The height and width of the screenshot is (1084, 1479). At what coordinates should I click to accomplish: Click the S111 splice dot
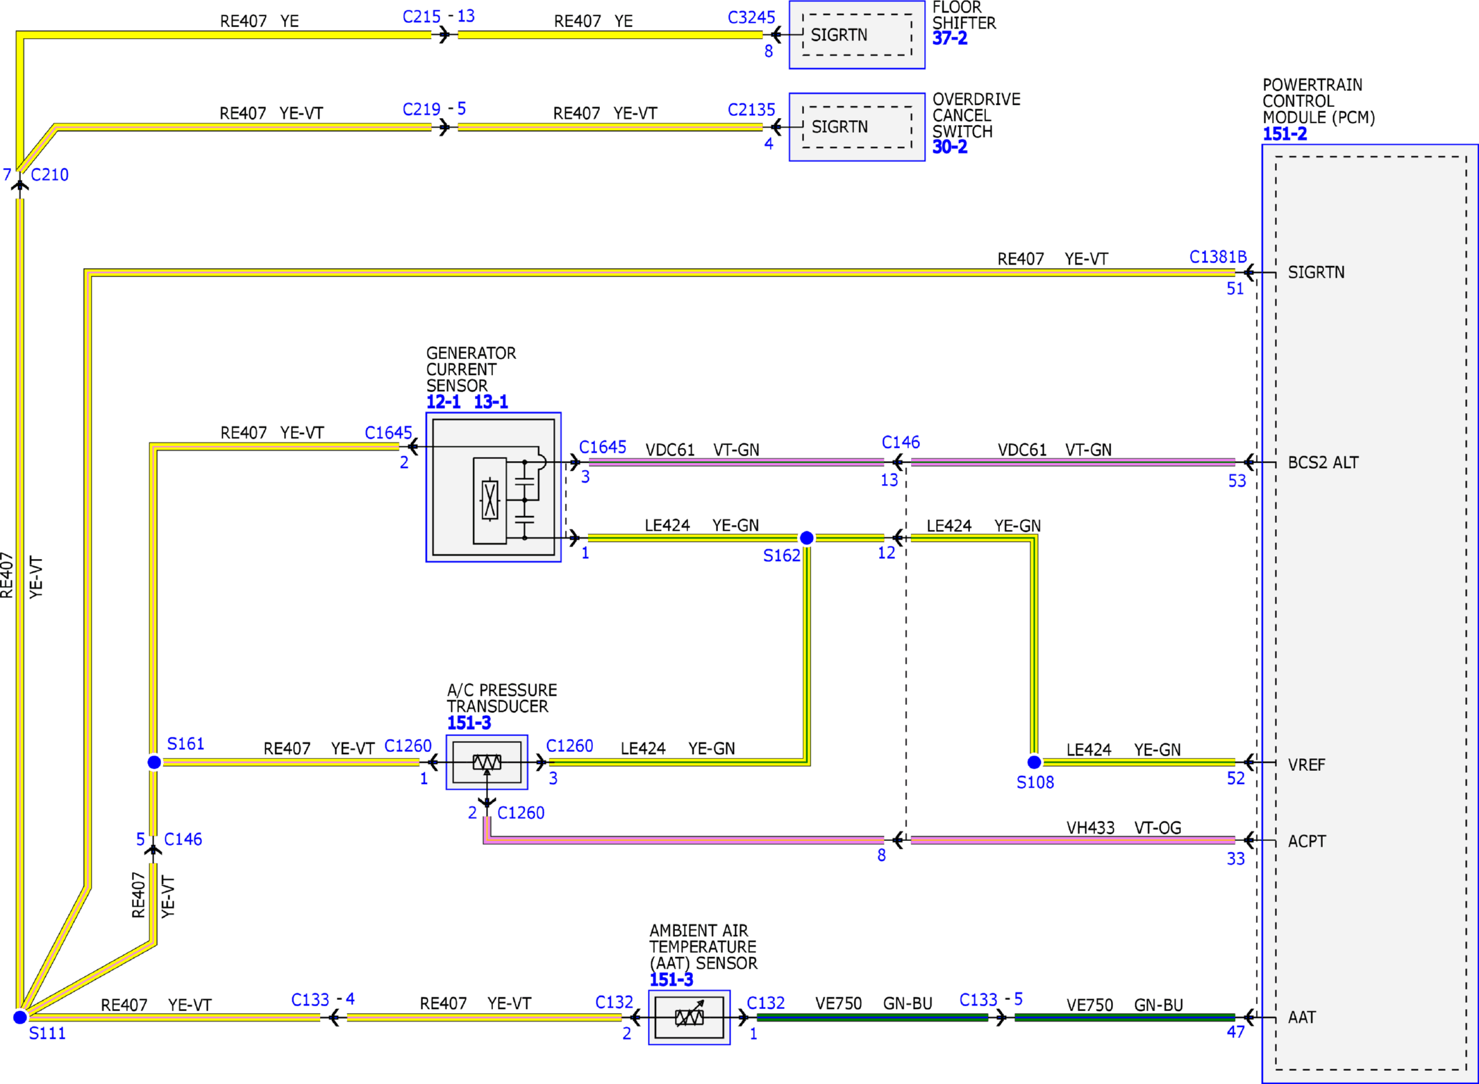pyautogui.click(x=20, y=1017)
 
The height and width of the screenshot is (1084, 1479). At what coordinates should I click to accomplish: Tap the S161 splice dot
pyautogui.click(x=154, y=762)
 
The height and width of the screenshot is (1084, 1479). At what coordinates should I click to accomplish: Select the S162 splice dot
pyautogui.click(x=806, y=538)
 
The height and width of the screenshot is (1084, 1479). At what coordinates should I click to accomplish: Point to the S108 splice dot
pyautogui.click(x=1034, y=762)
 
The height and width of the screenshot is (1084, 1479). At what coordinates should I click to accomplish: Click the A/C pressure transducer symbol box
pyautogui.click(x=487, y=762)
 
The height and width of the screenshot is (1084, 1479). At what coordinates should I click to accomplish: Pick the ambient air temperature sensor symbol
pyautogui.click(x=689, y=1017)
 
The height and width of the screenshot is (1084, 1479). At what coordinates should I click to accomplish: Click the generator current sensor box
pyautogui.click(x=493, y=487)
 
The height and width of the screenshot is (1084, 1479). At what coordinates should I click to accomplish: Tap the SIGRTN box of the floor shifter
pyautogui.click(x=857, y=35)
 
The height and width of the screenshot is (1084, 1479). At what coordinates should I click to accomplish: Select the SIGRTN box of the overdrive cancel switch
pyautogui.click(x=857, y=127)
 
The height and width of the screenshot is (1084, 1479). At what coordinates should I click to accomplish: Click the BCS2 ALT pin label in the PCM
pyautogui.click(x=1323, y=462)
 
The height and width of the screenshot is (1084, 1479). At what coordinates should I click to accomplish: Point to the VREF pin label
pyautogui.click(x=1306, y=765)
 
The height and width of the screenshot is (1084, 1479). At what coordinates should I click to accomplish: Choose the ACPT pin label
pyautogui.click(x=1307, y=841)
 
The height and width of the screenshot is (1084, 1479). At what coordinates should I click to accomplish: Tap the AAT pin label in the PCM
pyautogui.click(x=1301, y=1017)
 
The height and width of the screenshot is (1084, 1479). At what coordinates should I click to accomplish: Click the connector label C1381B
pyautogui.click(x=1218, y=257)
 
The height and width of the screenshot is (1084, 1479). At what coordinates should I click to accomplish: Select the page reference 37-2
pyautogui.click(x=949, y=39)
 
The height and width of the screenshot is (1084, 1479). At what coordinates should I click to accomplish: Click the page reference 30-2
pyautogui.click(x=949, y=147)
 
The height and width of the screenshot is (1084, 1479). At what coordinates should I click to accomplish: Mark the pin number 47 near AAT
pyautogui.click(x=1235, y=1032)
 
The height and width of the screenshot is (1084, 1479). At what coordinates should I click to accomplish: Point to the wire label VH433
pyautogui.click(x=1090, y=828)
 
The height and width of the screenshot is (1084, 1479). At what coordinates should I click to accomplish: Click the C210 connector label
pyautogui.click(x=49, y=175)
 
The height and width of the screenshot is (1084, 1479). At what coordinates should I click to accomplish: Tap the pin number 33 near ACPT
pyautogui.click(x=1235, y=859)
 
